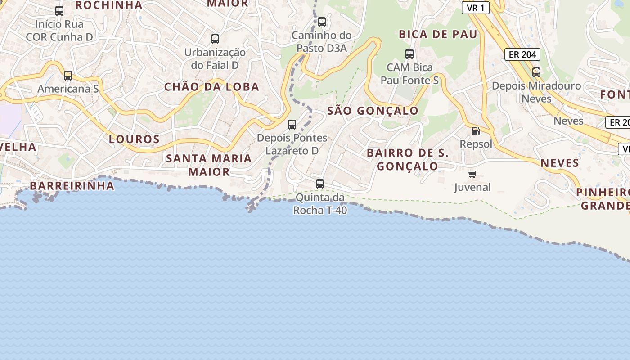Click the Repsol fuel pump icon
(x=476, y=131)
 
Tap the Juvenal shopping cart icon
(x=472, y=174)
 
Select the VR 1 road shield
(x=476, y=8)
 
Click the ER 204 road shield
(x=522, y=54)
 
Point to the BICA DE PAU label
(x=438, y=35)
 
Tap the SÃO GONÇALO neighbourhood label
(x=373, y=111)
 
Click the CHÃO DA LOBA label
(x=211, y=87)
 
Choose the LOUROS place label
(x=135, y=139)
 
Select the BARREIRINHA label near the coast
(x=72, y=186)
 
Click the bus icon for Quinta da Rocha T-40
(x=320, y=184)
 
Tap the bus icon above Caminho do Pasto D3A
(x=321, y=22)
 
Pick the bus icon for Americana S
(x=68, y=75)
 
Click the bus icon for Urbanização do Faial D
(x=215, y=39)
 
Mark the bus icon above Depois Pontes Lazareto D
(x=292, y=124)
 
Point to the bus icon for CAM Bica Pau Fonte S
(x=409, y=54)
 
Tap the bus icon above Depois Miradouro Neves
(x=536, y=72)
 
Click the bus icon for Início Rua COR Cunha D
(x=59, y=10)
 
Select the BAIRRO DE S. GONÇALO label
(x=408, y=159)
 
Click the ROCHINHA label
(x=108, y=5)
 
